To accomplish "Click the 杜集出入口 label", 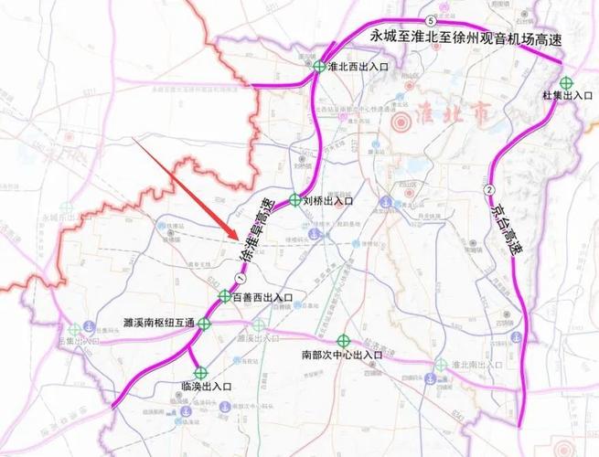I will (569, 95).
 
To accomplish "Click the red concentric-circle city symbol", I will (401, 122).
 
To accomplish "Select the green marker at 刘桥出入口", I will (294, 199).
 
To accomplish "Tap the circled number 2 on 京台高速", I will (490, 189).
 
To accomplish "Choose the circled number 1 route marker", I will (241, 277).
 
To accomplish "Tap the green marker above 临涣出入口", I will (201, 371).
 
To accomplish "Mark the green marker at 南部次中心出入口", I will (342, 338).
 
